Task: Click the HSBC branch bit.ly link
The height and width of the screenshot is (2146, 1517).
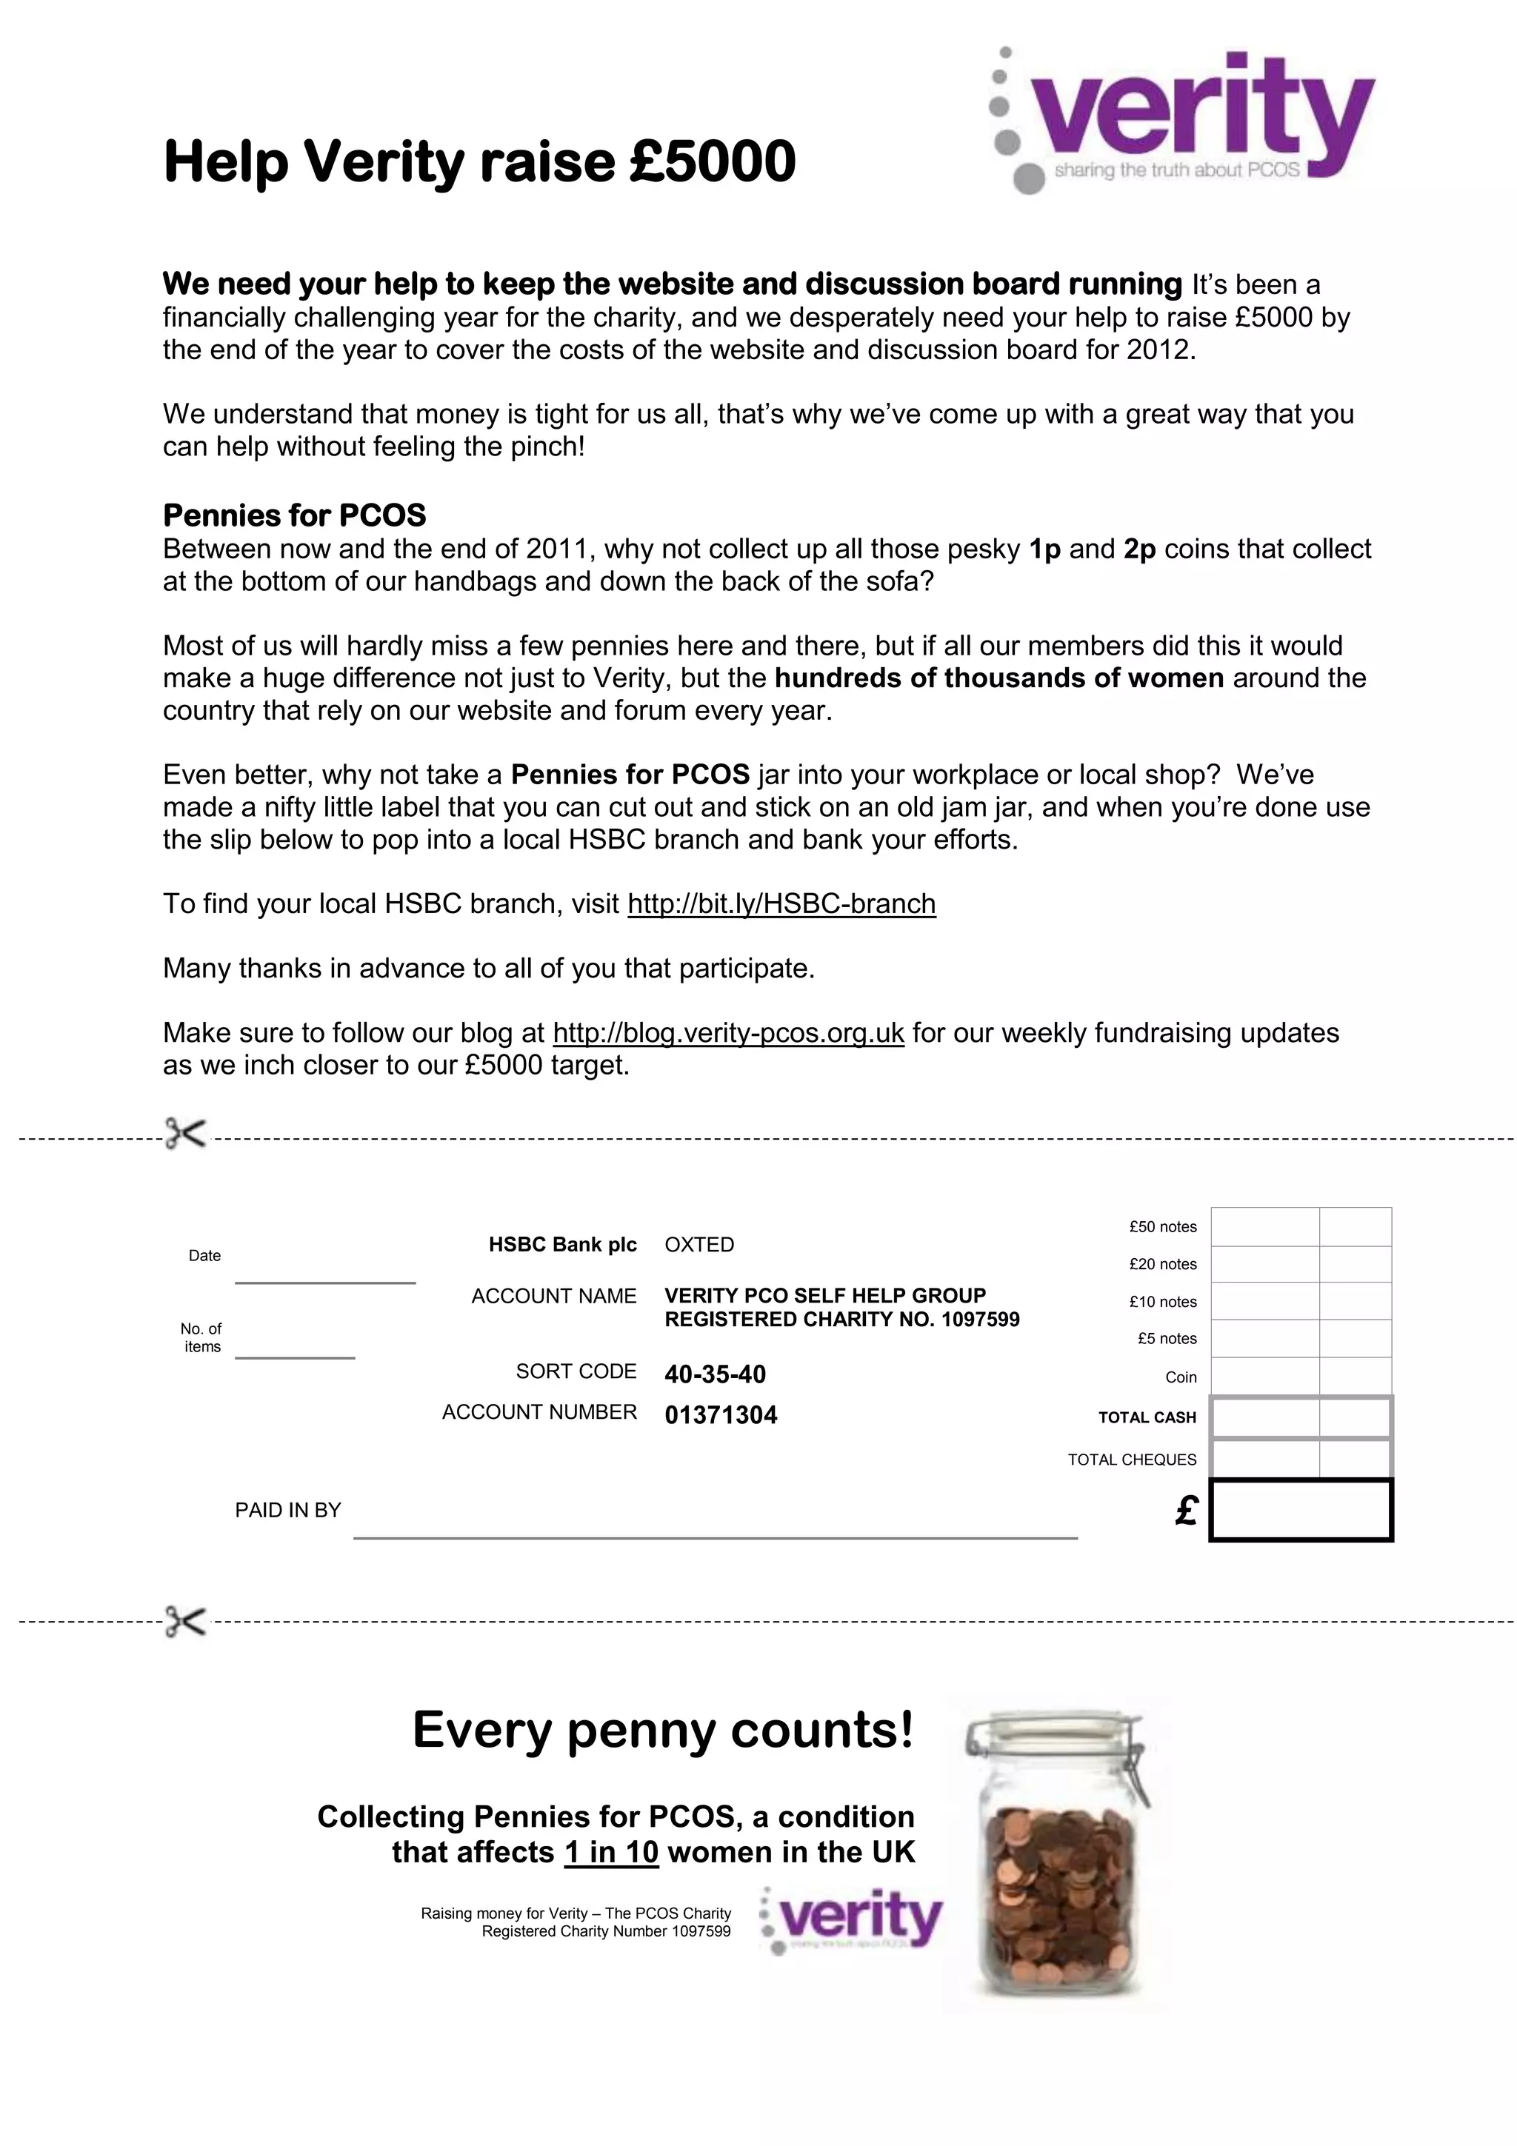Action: click(781, 904)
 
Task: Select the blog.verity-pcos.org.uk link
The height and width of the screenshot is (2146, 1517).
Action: click(728, 1033)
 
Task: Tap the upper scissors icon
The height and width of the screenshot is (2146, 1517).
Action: click(185, 1134)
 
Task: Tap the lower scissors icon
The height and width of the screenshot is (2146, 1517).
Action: click(185, 1621)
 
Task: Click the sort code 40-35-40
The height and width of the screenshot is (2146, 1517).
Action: click(715, 1374)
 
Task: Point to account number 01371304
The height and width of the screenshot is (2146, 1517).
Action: click(721, 1415)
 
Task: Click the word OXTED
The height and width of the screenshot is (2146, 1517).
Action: click(699, 1245)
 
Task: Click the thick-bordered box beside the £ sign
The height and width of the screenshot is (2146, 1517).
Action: click(1300, 1509)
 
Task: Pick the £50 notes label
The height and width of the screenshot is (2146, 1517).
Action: click(1161, 1227)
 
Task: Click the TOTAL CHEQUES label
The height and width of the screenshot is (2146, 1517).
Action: click(1131, 1460)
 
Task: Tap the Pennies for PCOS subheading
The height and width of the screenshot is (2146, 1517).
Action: click(294, 516)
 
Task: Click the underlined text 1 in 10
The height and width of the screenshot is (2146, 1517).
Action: click(611, 1853)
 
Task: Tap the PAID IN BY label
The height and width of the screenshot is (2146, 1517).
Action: click(288, 1511)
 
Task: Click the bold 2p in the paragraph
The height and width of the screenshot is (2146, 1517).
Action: click(1139, 549)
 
